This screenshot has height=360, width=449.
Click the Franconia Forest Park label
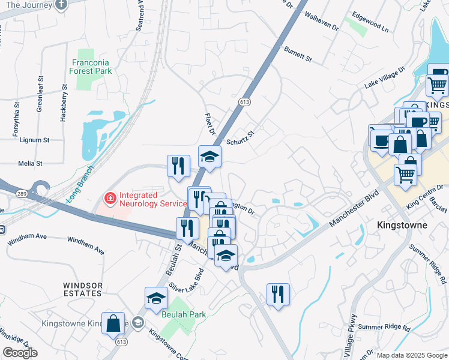(x=92, y=67)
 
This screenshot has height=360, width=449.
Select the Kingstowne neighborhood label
(x=402, y=225)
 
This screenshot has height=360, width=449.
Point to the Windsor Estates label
(x=83, y=289)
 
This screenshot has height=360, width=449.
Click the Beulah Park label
(x=183, y=314)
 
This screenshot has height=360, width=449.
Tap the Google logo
(x=20, y=353)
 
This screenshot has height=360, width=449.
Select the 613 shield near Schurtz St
(x=244, y=102)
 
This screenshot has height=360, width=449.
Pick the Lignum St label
(x=34, y=140)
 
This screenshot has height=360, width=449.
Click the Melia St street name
(x=30, y=163)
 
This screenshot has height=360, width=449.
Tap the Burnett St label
(x=298, y=55)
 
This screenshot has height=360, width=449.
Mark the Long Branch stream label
(x=77, y=183)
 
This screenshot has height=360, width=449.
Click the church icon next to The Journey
(x=60, y=5)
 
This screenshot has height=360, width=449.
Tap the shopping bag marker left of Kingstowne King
(x=113, y=323)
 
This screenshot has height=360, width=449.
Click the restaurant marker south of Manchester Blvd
(x=278, y=294)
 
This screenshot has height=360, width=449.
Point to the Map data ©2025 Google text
(x=412, y=355)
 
